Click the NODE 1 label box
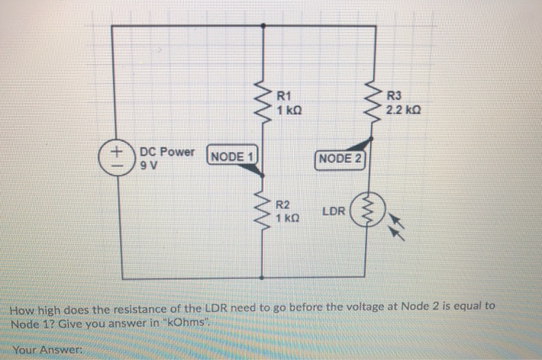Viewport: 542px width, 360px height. pos(232,157)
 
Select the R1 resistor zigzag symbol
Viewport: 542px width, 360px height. pos(264,100)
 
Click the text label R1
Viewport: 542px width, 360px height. pos(283,97)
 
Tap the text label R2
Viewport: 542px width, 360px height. pos(283,205)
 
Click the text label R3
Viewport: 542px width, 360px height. pos(393,97)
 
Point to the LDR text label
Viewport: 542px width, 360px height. pos(333,211)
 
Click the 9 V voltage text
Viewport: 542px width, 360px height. pos(147,165)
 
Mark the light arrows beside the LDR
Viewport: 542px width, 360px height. pos(397,224)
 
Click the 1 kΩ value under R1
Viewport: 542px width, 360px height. pos(289,111)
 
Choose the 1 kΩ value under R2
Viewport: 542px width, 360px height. pos(288,219)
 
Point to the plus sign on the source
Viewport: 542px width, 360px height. pos(114,149)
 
